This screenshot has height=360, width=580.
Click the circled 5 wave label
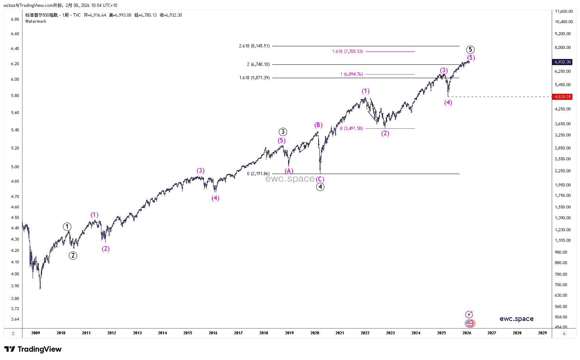(470, 50)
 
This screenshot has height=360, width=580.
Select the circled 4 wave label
(320, 187)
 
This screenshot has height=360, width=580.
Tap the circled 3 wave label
(283, 132)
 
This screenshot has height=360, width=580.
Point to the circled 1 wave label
(67, 227)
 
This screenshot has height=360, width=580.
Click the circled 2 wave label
(73, 255)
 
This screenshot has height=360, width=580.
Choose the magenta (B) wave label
(318, 125)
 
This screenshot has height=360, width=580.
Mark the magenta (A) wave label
(289, 171)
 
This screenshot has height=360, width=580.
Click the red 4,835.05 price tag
(563, 97)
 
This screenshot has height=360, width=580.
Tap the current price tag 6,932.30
(563, 62)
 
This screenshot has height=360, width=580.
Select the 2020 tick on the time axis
(315, 333)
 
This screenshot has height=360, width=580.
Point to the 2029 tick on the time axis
(542, 333)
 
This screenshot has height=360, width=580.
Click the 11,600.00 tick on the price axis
(564, 11)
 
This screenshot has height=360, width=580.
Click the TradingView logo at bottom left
(33, 349)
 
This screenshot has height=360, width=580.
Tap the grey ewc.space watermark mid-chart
(290, 178)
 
